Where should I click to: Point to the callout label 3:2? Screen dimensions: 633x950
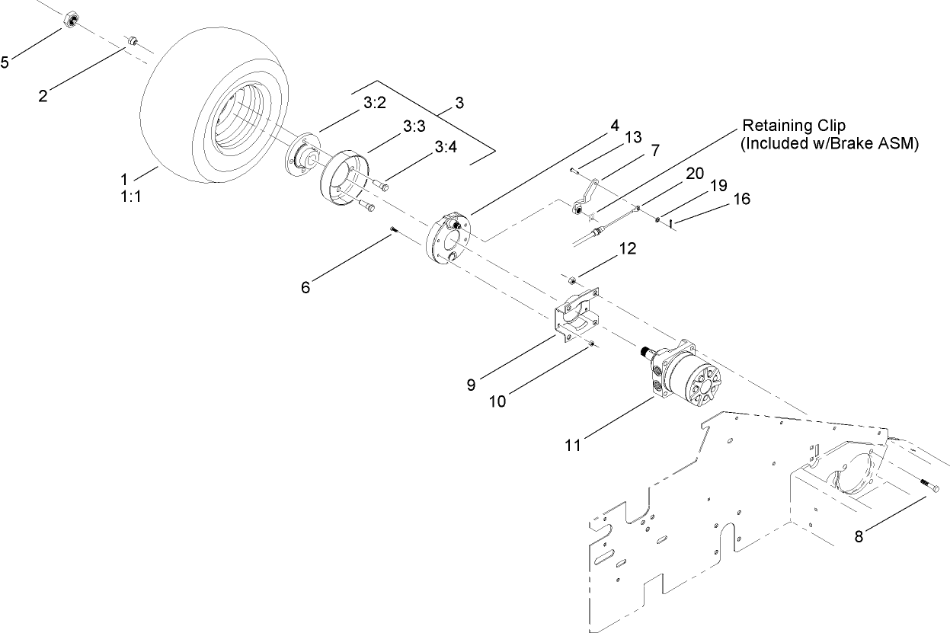click(375, 103)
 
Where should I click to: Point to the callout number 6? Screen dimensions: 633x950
click(305, 286)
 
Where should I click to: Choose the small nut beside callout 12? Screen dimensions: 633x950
click(568, 280)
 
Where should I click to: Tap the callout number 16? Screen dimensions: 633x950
click(741, 199)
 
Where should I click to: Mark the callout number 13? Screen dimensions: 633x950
click(633, 137)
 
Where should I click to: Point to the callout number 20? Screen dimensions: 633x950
click(694, 173)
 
